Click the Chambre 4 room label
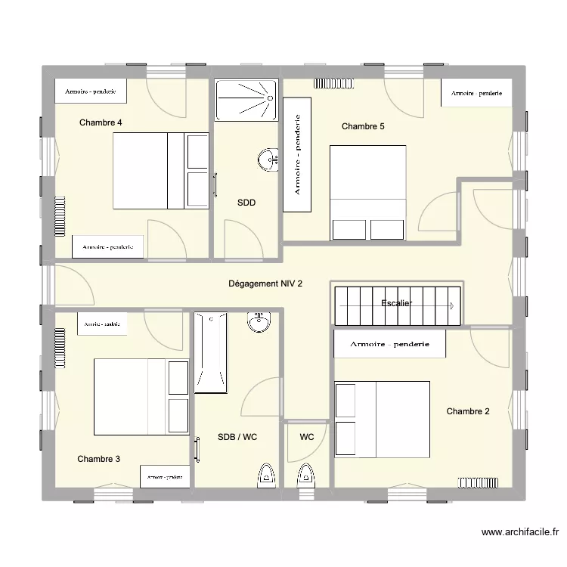101,122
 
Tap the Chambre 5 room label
363,126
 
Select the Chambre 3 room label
98,459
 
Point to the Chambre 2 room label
467,411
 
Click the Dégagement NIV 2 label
265,284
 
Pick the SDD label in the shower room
246,203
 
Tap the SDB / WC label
237,437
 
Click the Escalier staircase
397,305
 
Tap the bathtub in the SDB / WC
210,354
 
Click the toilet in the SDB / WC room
265,474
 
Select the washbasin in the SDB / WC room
259,323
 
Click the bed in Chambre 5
368,193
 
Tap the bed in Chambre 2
382,419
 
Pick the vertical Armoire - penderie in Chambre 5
297,154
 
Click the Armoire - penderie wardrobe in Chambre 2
389,343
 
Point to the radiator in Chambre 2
478,481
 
